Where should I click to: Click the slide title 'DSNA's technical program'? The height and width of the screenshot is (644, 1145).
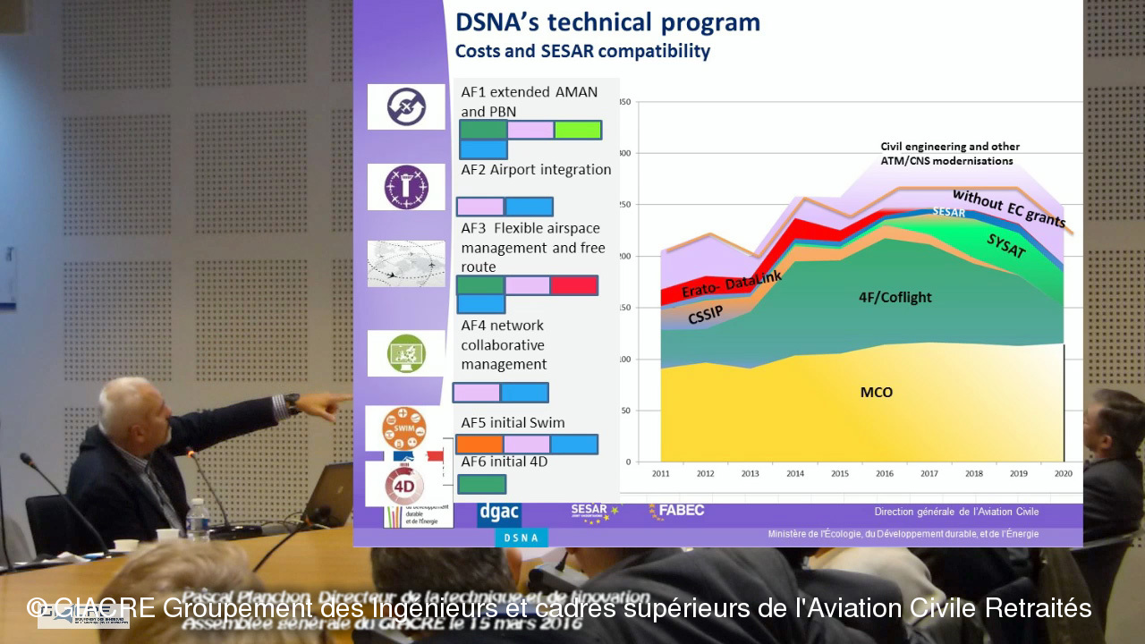pyautogui.click(x=607, y=23)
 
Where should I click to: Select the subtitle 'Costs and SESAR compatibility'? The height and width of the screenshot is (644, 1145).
pyautogui.click(x=582, y=52)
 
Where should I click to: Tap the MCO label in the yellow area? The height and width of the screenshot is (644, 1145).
pyautogui.click(x=876, y=393)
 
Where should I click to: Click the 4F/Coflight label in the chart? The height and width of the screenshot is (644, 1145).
pyautogui.click(x=895, y=297)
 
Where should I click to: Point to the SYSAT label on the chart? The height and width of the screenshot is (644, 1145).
pyautogui.click(x=1005, y=247)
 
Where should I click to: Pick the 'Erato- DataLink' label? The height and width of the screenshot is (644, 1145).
pyautogui.click(x=731, y=285)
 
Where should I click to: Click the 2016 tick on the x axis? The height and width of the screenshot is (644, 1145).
pyautogui.click(x=884, y=473)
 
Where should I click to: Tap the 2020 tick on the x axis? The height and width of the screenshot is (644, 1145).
pyautogui.click(x=1063, y=473)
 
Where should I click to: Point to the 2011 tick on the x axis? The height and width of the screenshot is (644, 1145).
pyautogui.click(x=660, y=473)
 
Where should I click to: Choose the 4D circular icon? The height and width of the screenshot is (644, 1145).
pyautogui.click(x=404, y=486)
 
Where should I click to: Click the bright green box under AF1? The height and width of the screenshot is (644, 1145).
pyautogui.click(x=577, y=130)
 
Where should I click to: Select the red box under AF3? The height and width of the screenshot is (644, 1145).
pyautogui.click(x=573, y=285)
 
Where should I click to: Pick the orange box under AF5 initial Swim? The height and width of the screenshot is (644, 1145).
pyautogui.click(x=479, y=445)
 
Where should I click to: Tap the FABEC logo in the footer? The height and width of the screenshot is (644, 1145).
pyautogui.click(x=676, y=511)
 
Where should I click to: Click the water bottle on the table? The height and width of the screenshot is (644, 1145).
pyautogui.click(x=199, y=520)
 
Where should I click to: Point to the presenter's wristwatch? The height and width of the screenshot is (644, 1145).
pyautogui.click(x=292, y=403)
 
